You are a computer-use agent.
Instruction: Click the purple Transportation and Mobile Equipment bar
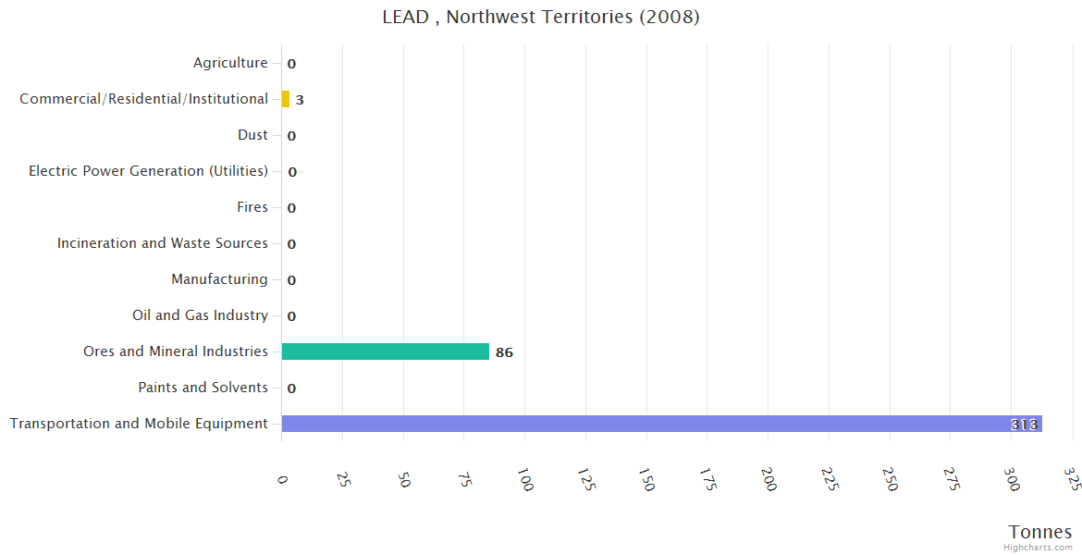pyautogui.click(x=661, y=424)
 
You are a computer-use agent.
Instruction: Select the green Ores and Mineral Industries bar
pyautogui.click(x=385, y=351)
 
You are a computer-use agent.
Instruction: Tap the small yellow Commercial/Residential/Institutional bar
pyautogui.click(x=286, y=99)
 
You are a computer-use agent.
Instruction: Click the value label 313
pyautogui.click(x=1024, y=425)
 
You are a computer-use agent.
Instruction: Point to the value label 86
pyautogui.click(x=504, y=352)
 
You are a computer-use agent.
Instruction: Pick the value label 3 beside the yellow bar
pyautogui.click(x=300, y=100)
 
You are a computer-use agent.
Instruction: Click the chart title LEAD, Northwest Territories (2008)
pyautogui.click(x=541, y=18)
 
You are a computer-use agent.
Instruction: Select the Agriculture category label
pyautogui.click(x=230, y=63)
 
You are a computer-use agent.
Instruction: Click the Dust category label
pyautogui.click(x=252, y=135)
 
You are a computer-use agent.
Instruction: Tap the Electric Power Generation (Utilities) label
pyautogui.click(x=148, y=171)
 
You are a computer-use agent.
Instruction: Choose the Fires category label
pyautogui.click(x=252, y=207)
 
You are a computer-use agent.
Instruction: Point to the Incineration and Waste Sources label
pyautogui.click(x=162, y=243)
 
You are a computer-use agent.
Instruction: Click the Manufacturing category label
pyautogui.click(x=219, y=279)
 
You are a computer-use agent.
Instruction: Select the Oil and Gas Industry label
pyautogui.click(x=200, y=315)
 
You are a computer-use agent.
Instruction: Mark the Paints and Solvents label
pyautogui.click(x=203, y=388)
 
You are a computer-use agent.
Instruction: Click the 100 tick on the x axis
pyautogui.click(x=525, y=480)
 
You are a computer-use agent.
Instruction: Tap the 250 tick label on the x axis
pyautogui.click(x=890, y=480)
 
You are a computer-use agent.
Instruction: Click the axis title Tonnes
pyautogui.click(x=1039, y=532)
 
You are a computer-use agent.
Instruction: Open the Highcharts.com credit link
pyautogui.click(x=1038, y=548)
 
